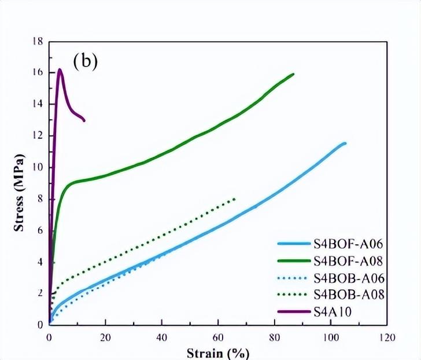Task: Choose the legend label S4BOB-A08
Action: [349, 295]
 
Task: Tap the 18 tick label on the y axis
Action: [39, 42]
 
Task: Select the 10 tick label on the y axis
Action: [39, 168]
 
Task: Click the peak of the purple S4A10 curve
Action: [60, 70]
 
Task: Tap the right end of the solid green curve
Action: [293, 74]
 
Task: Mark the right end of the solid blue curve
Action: [345, 143]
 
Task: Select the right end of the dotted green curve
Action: [235, 199]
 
